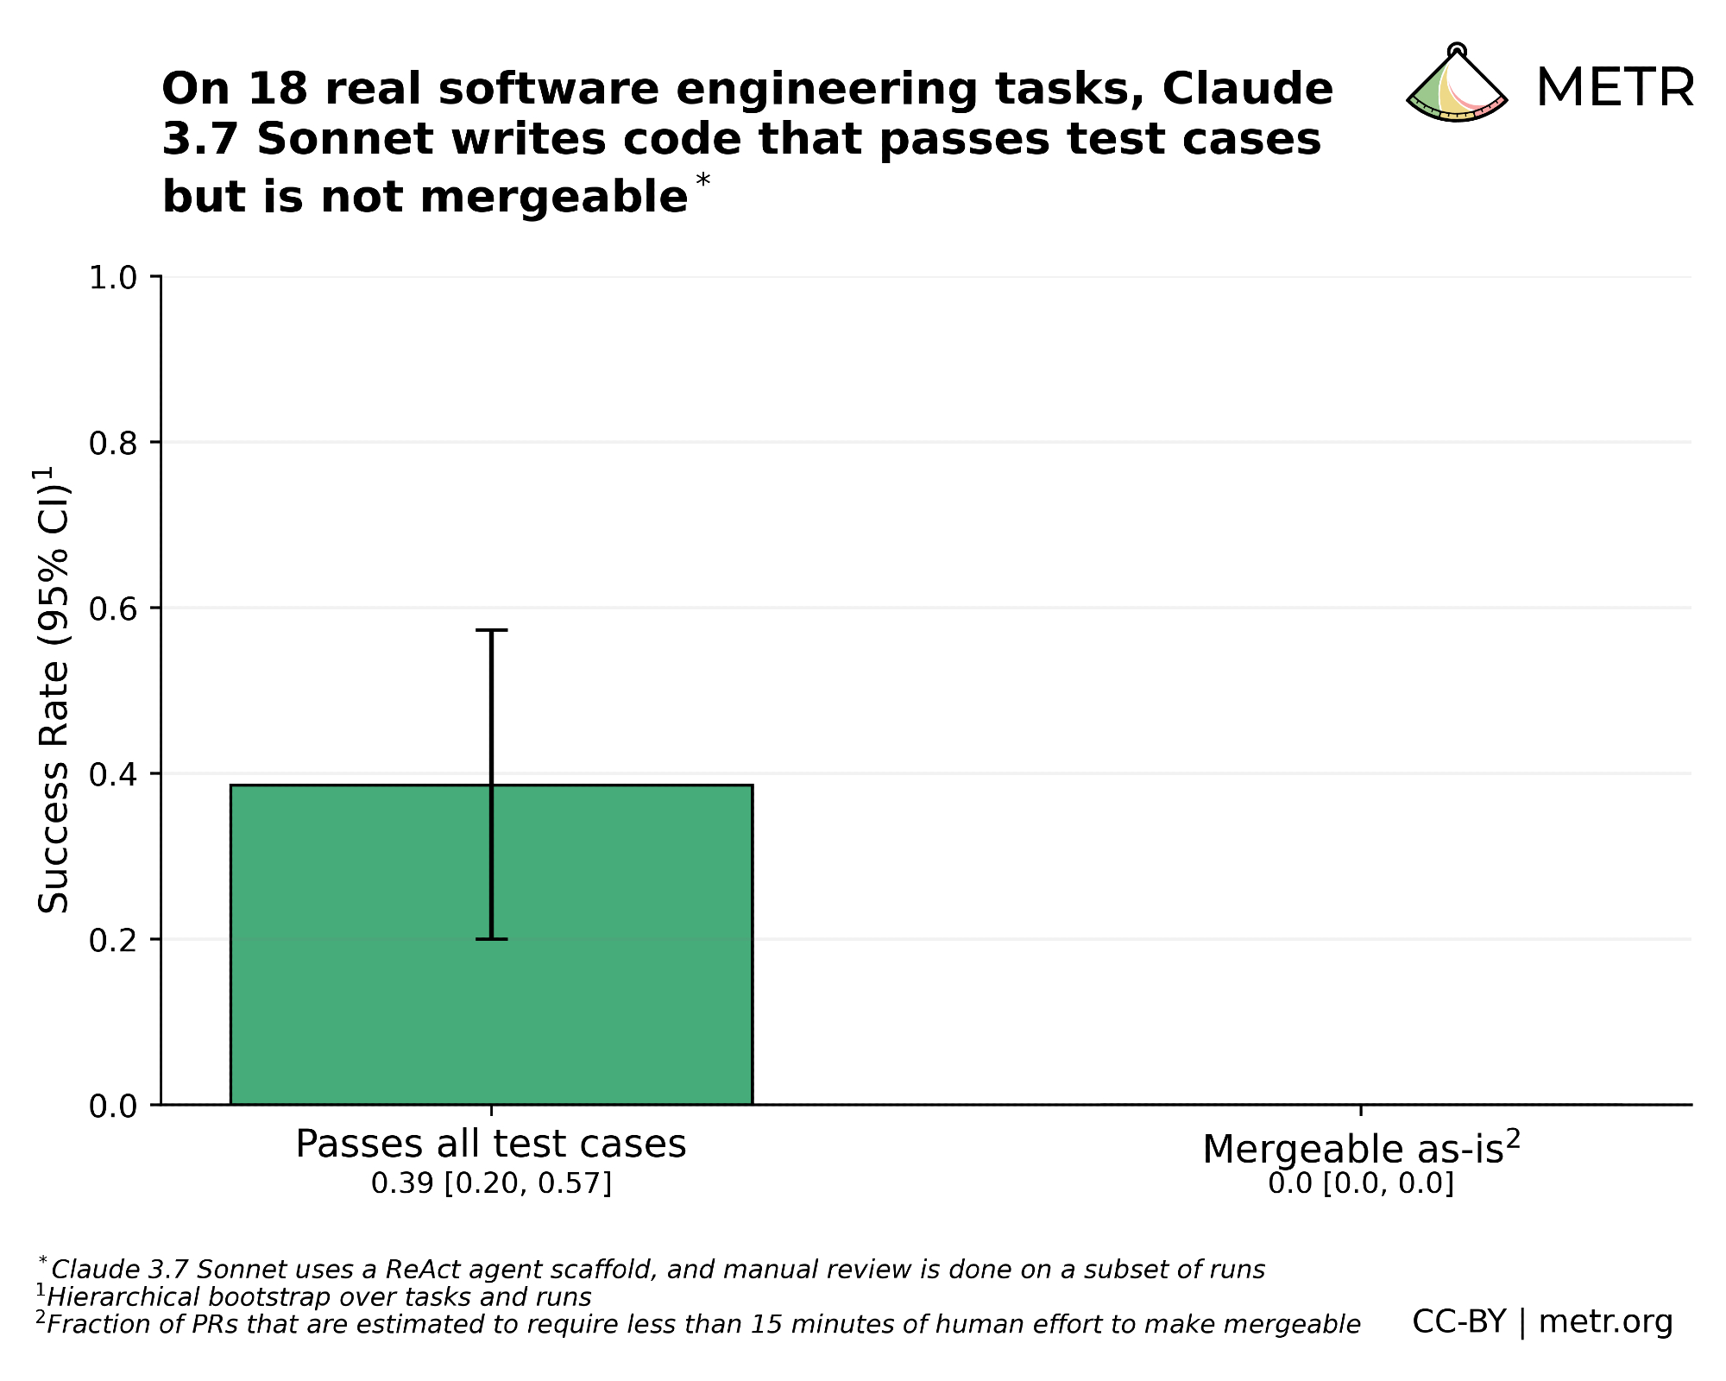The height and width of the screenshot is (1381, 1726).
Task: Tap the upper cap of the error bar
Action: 491,630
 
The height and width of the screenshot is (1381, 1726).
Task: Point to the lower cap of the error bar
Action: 491,938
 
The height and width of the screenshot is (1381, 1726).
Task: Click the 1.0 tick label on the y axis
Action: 113,278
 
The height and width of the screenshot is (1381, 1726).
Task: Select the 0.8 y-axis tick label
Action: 113,444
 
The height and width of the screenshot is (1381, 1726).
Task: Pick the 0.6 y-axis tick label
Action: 113,609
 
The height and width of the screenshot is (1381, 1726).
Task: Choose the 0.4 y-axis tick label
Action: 113,774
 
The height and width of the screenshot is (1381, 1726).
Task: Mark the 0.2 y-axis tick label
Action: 113,940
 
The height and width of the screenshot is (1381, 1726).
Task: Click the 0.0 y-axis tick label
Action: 113,1106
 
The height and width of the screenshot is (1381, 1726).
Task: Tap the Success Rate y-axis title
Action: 54,690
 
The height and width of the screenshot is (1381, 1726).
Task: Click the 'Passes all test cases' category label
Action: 491,1145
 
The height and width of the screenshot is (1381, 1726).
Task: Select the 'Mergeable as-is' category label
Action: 1360,1148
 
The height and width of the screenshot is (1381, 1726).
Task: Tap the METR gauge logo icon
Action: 1457,86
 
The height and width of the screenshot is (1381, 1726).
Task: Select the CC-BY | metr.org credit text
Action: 1542,1321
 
